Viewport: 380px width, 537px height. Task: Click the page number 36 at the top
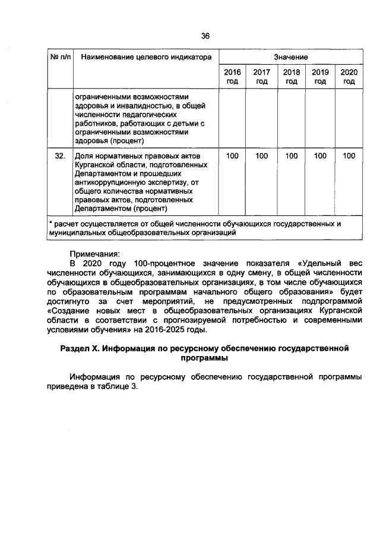tap(205, 36)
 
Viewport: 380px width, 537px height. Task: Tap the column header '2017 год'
tap(262, 77)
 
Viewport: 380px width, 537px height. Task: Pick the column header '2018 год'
tap(291, 77)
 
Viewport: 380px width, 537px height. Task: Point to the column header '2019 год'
tap(321, 77)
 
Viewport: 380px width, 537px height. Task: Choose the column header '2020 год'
tap(349, 77)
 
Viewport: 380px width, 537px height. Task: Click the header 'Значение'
tap(291, 57)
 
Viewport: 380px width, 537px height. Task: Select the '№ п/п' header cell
tap(60, 58)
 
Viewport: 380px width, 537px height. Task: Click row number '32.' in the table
tap(59, 155)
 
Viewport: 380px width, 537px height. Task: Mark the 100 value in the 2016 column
tap(232, 155)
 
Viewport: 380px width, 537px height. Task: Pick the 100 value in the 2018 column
tap(291, 155)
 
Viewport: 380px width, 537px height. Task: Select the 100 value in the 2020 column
tap(349, 155)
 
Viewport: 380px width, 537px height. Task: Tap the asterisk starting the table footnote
tap(51, 224)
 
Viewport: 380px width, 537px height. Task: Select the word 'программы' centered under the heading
tap(205, 358)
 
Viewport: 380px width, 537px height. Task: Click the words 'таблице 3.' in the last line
tap(120, 386)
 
